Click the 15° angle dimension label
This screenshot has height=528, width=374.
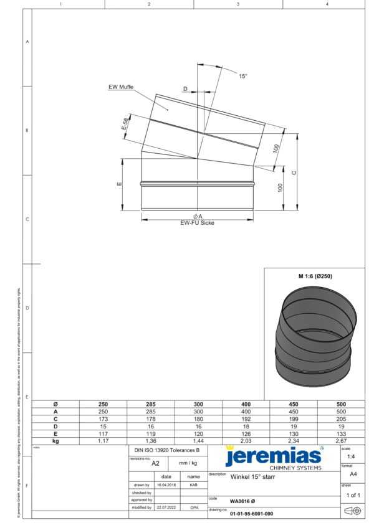243,76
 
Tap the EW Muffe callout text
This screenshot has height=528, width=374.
121,87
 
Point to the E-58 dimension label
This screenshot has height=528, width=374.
125,124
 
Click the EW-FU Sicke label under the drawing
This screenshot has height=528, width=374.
197,222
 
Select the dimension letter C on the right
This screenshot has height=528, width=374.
294,172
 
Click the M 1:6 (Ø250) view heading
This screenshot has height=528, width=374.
314,275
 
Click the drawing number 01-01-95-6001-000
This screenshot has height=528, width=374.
251,514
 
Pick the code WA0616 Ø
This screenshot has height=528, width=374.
242,501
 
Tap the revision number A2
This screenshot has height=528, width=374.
156,463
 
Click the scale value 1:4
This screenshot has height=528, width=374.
352,457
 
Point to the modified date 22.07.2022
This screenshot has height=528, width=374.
167,507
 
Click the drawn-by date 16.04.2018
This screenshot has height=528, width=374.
167,484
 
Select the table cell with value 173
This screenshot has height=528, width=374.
103,418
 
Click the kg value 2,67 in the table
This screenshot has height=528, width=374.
341,440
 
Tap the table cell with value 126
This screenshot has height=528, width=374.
246,433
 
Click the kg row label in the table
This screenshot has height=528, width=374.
55,440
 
